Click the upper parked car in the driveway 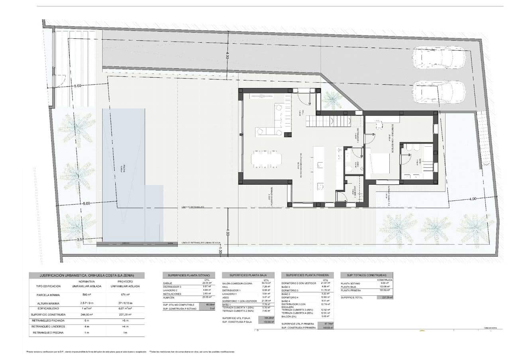click(x=438, y=58)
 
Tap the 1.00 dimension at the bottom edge click(x=220, y=252)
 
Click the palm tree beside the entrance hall click(x=331, y=100)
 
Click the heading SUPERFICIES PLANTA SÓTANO click(x=189, y=275)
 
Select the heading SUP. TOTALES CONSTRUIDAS click(x=366, y=275)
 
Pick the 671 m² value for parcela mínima click(x=126, y=294)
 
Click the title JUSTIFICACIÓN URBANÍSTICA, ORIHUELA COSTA click(x=86, y=275)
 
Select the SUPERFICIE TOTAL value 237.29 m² click(x=386, y=297)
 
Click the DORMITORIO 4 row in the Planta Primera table click(x=291, y=297)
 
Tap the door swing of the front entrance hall click(x=304, y=96)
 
